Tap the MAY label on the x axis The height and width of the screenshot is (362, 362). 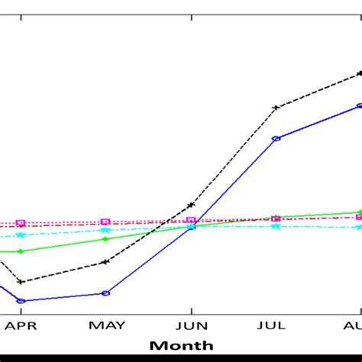tap(106, 325)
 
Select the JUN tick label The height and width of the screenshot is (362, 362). tap(191, 325)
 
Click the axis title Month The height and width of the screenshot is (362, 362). tap(181, 345)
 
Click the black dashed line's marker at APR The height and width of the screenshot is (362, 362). tap(21, 282)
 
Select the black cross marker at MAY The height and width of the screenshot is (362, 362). tap(106, 262)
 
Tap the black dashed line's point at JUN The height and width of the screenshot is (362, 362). tap(191, 205)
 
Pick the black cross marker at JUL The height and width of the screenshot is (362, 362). tap(276, 108)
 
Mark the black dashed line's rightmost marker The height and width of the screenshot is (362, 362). tap(359, 74)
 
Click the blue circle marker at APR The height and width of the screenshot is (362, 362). tap(21, 301)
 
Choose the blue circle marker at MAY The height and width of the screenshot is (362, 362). tap(106, 293)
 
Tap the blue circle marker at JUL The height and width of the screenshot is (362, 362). tap(276, 139)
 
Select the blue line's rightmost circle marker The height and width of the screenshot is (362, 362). tap(359, 107)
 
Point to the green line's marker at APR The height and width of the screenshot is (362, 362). tap(21, 251)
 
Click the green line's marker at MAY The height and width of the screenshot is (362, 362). tap(106, 239)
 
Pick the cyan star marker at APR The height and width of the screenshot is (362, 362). tap(21, 234)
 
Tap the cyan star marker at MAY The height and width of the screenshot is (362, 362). tap(106, 229)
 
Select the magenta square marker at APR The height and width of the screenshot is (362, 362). tap(21, 223)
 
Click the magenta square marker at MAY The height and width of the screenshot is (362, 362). tap(106, 222)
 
